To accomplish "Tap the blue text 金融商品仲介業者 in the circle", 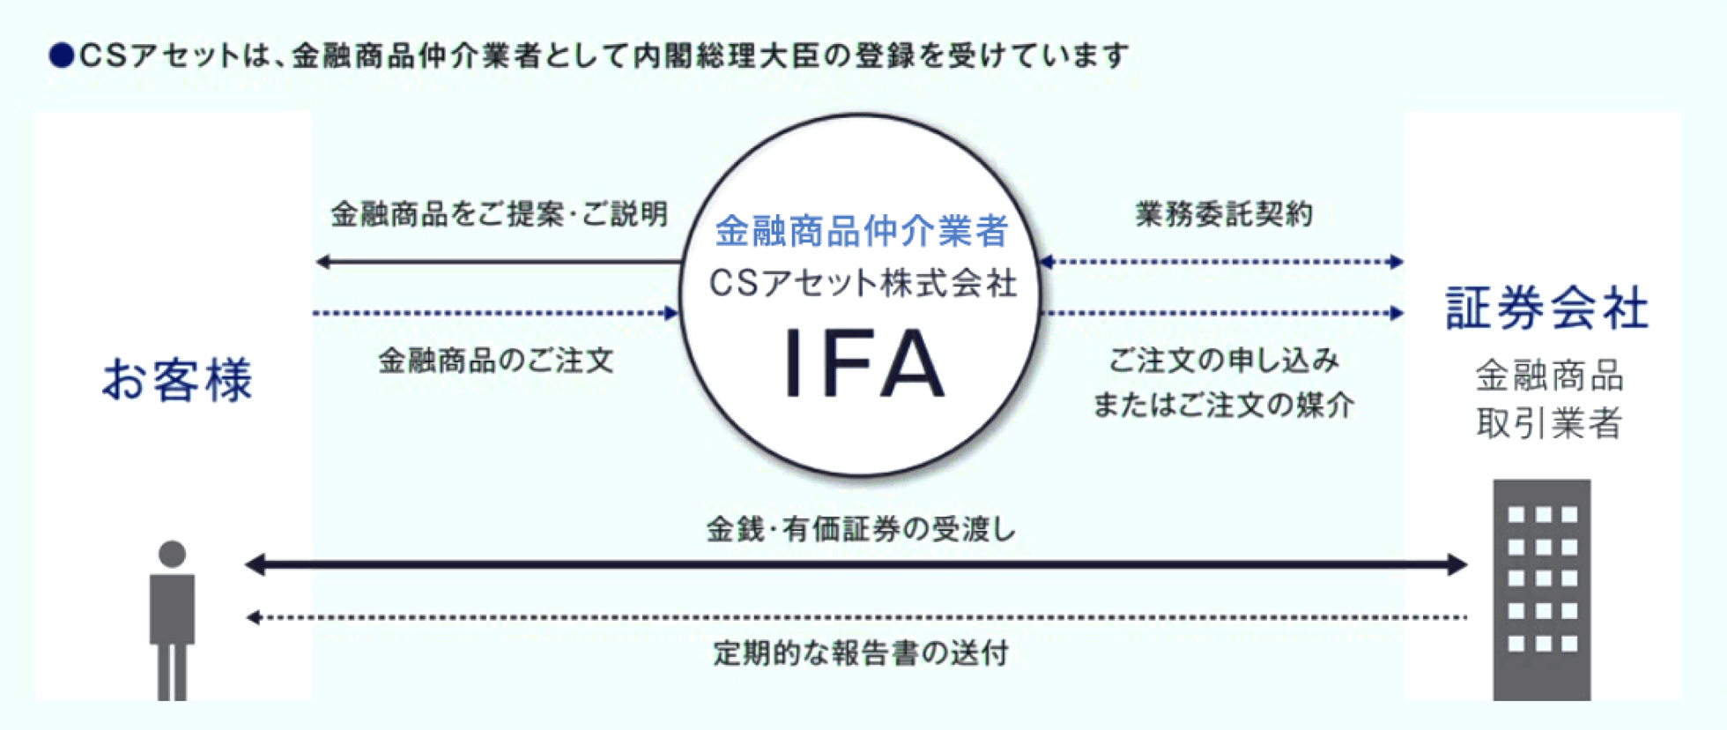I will click(861, 231).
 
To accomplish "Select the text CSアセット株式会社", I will click(863, 283).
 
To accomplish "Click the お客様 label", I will click(177, 380).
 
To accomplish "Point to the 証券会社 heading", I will click(1546, 309).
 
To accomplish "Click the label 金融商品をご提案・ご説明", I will click(499, 214).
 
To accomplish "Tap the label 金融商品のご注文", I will click(495, 360).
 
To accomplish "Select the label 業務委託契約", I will click(1223, 214).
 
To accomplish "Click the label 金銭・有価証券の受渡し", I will click(861, 529).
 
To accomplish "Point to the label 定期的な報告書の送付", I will click(861, 653).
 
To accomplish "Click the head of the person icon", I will click(172, 554).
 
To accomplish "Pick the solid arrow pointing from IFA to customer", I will click(499, 262).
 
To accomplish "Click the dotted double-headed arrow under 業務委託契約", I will click(1221, 262).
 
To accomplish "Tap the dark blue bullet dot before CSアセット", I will click(62, 56).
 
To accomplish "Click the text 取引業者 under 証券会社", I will click(1548, 423).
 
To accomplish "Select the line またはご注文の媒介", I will click(1223, 405).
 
